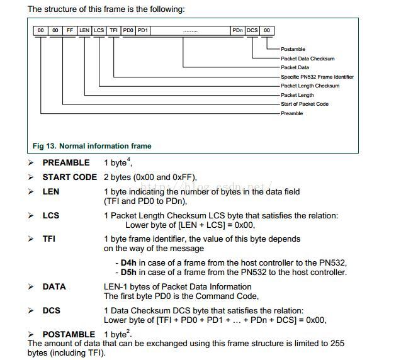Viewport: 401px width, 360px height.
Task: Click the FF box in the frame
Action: (x=70, y=30)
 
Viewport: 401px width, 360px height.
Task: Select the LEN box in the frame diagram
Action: (x=84, y=30)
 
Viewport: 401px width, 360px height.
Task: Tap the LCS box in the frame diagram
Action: (x=99, y=30)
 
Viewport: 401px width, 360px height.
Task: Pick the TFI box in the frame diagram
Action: (x=113, y=30)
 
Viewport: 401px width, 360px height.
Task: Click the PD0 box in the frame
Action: (x=128, y=30)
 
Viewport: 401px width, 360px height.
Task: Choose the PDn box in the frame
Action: (x=237, y=30)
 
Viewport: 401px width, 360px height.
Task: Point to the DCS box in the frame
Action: (x=252, y=30)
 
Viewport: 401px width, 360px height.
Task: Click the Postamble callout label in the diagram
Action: (x=293, y=49)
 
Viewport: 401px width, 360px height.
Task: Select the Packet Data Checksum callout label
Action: (x=308, y=59)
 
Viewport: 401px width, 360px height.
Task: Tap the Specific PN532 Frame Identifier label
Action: (x=317, y=77)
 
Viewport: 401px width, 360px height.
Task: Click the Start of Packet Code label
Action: (x=305, y=104)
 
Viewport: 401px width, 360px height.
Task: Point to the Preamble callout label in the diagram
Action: (x=291, y=113)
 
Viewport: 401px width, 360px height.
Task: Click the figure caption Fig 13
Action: (x=92, y=146)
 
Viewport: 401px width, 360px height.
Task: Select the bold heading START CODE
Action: (x=69, y=177)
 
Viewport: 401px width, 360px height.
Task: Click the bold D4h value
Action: (x=128, y=263)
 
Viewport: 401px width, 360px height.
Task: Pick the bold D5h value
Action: (x=128, y=273)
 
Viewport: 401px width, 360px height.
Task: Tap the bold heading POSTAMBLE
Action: (x=69, y=334)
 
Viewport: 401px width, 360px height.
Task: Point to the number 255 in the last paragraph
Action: (x=337, y=344)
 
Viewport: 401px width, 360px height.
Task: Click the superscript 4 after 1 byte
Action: (x=130, y=160)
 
